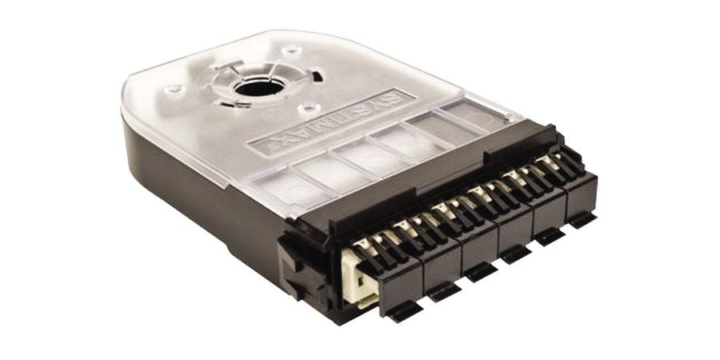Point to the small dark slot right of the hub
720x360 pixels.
318,78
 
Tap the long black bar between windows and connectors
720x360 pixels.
432,178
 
